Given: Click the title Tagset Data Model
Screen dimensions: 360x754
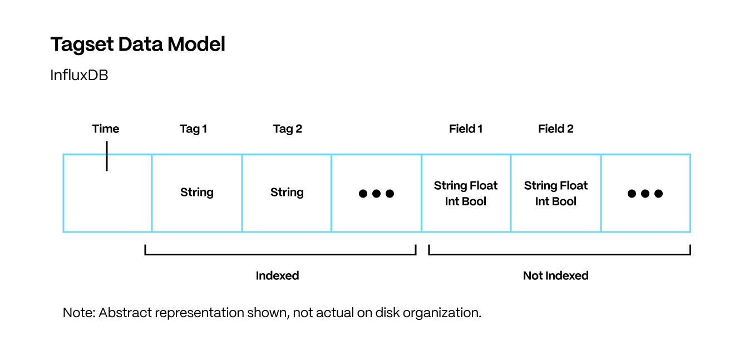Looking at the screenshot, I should click(137, 45).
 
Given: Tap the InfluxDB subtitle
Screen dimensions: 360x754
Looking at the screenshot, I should click(79, 75).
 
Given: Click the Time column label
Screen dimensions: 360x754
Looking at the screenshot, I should click(106, 129).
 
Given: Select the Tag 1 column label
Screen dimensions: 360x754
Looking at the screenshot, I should click(194, 129).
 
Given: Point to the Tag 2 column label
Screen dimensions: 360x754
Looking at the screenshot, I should click(287, 129).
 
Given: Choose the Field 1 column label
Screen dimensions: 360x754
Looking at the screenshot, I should click(466, 129).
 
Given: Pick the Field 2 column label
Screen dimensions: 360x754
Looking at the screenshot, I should click(555, 129).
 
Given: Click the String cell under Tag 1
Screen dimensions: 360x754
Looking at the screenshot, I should click(197, 193).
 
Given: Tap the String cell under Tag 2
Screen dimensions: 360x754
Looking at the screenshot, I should click(287, 193).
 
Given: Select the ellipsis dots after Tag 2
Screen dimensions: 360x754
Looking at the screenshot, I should click(376, 194).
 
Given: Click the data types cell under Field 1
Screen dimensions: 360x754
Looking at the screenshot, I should click(466, 193).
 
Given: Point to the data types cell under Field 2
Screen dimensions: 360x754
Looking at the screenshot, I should click(556, 193).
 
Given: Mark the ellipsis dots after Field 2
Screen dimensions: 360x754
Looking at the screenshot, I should click(645, 194).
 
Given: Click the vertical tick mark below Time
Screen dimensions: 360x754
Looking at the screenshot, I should click(106, 156).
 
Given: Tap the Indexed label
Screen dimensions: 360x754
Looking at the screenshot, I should click(277, 275).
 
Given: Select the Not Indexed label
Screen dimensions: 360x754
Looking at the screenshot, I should click(555, 275).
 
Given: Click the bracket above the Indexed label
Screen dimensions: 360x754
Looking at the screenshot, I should click(280, 254).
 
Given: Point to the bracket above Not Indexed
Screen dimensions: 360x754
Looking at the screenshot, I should click(559, 254).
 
